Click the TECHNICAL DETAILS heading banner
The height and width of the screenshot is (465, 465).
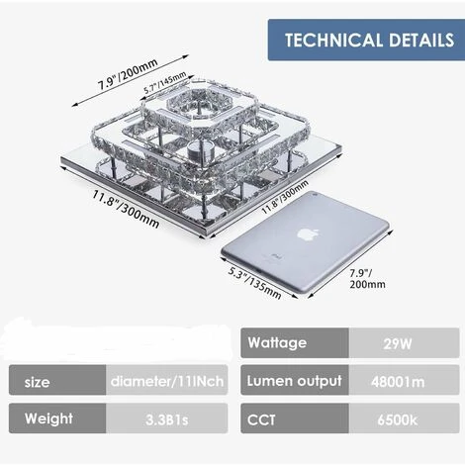pos(366,40)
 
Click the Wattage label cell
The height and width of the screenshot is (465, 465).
pos(295,343)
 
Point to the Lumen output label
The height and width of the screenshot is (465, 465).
pos(295,381)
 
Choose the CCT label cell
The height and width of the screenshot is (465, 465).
pos(295,418)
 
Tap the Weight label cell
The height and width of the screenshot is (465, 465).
pos(57,418)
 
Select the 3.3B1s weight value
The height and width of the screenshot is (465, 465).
pos(166,418)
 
